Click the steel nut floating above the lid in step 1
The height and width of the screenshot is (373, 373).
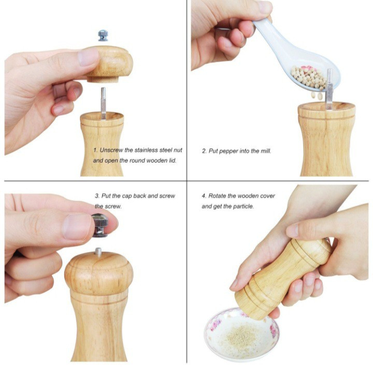pos(103,35)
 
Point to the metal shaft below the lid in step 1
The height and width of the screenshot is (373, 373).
pos(103,103)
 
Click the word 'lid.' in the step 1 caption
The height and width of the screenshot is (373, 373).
pos(173,161)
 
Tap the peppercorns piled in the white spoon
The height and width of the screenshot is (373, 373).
pos(309,76)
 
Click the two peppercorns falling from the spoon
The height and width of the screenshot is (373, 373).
pos(317,96)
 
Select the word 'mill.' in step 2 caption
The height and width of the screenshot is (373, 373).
pos(265,151)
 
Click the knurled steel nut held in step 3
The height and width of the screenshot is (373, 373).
pos(99,225)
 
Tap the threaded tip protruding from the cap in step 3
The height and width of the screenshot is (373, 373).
pos(98,251)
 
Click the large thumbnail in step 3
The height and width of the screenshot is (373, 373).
pos(77,227)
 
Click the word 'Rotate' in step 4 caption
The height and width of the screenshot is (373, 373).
pos(217,196)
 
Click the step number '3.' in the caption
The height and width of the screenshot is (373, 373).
pos(97,196)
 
